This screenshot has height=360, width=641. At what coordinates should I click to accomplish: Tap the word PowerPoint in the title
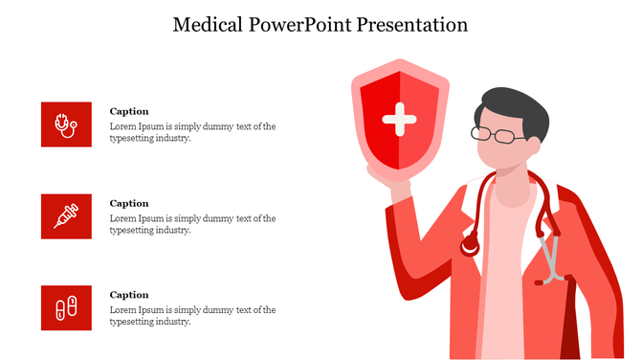pos(299,25)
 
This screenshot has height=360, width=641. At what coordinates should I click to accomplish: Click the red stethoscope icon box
pos(66,124)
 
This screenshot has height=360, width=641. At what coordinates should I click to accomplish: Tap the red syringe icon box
pos(66,215)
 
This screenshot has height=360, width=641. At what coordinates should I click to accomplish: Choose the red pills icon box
pos(66,307)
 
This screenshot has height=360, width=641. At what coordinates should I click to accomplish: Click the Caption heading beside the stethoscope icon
pos(129,111)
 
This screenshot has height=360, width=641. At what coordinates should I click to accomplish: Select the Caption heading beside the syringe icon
pos(129,203)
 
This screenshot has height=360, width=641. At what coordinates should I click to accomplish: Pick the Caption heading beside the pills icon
pos(129,295)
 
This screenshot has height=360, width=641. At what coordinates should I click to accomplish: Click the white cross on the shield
pos(399,121)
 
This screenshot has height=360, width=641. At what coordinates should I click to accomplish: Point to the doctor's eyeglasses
pos(497,135)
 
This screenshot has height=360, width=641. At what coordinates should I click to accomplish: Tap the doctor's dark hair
pos(517,105)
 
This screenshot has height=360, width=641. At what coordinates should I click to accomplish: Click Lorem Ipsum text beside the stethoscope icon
pos(192,132)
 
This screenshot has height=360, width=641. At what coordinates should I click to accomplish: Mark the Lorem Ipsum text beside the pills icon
pos(192,316)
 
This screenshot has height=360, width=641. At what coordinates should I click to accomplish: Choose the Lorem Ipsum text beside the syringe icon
pos(192,224)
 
